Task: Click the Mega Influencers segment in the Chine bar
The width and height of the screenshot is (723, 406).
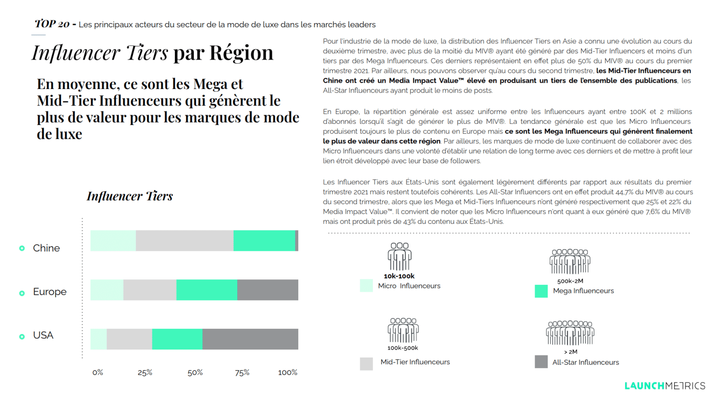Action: pos(264,241)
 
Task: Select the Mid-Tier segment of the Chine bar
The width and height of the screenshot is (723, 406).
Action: pos(184,241)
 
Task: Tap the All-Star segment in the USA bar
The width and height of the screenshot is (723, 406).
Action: pos(250,339)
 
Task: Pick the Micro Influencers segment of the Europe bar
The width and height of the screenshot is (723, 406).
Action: pos(107,290)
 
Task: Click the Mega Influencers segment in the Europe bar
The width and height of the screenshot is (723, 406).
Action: pos(207,290)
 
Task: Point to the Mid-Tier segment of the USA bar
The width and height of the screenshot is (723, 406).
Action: pos(129,339)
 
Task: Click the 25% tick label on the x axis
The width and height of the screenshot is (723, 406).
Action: pos(145,373)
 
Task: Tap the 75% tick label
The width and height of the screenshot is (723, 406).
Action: pos(242,373)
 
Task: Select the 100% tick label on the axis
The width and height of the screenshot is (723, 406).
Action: pos(287,373)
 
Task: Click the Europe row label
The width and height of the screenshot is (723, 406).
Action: pos(50,292)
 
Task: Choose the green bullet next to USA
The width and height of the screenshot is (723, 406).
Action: pos(22,336)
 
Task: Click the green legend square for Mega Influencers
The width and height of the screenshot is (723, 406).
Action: pos(541,291)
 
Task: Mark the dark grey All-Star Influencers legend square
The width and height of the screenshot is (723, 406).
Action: pos(541,362)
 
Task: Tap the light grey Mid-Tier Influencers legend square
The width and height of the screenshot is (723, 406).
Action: pos(366,364)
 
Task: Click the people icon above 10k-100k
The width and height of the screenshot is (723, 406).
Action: pos(399,256)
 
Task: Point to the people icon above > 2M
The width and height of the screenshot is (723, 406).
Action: pos(570,333)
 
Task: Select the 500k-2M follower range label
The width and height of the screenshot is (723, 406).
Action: pos(570,281)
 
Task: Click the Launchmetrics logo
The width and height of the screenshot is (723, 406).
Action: pos(665,386)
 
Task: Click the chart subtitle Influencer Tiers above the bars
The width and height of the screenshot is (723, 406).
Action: pos(130,196)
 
